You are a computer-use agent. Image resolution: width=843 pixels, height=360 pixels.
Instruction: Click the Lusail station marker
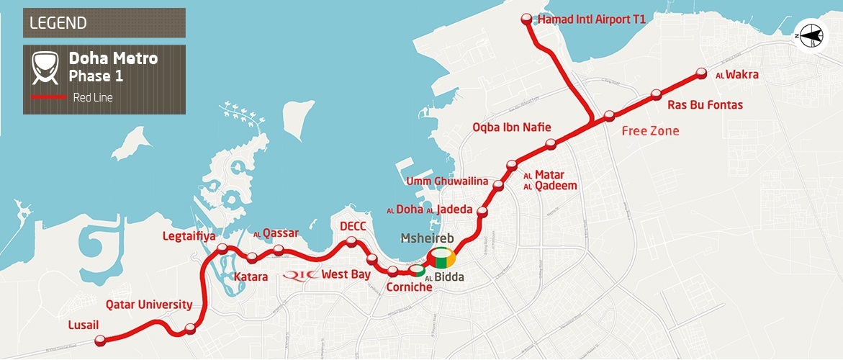coord(105,341)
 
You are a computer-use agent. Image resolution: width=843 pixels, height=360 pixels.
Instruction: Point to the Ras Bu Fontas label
coord(705,105)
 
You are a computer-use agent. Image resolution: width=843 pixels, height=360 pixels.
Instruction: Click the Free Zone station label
coord(651,131)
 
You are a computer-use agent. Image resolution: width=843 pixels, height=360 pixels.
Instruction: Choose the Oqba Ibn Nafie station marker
coord(551,145)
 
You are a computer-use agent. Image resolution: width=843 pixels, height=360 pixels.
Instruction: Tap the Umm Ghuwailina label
coord(448,180)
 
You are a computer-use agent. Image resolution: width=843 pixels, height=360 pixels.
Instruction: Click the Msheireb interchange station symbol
coord(441,256)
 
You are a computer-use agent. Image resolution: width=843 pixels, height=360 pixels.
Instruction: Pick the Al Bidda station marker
coord(418,271)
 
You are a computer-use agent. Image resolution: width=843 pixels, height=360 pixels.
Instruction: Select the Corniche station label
coord(410,287)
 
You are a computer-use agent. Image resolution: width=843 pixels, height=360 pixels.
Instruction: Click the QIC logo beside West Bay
coord(301,274)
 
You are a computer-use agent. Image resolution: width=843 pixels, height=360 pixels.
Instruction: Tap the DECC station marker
coord(351,242)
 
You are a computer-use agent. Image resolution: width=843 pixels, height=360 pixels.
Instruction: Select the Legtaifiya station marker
coord(222,249)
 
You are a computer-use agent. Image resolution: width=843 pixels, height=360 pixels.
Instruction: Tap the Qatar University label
coord(149,304)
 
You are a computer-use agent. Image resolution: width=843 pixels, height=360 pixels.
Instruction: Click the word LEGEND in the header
coord(58,23)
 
